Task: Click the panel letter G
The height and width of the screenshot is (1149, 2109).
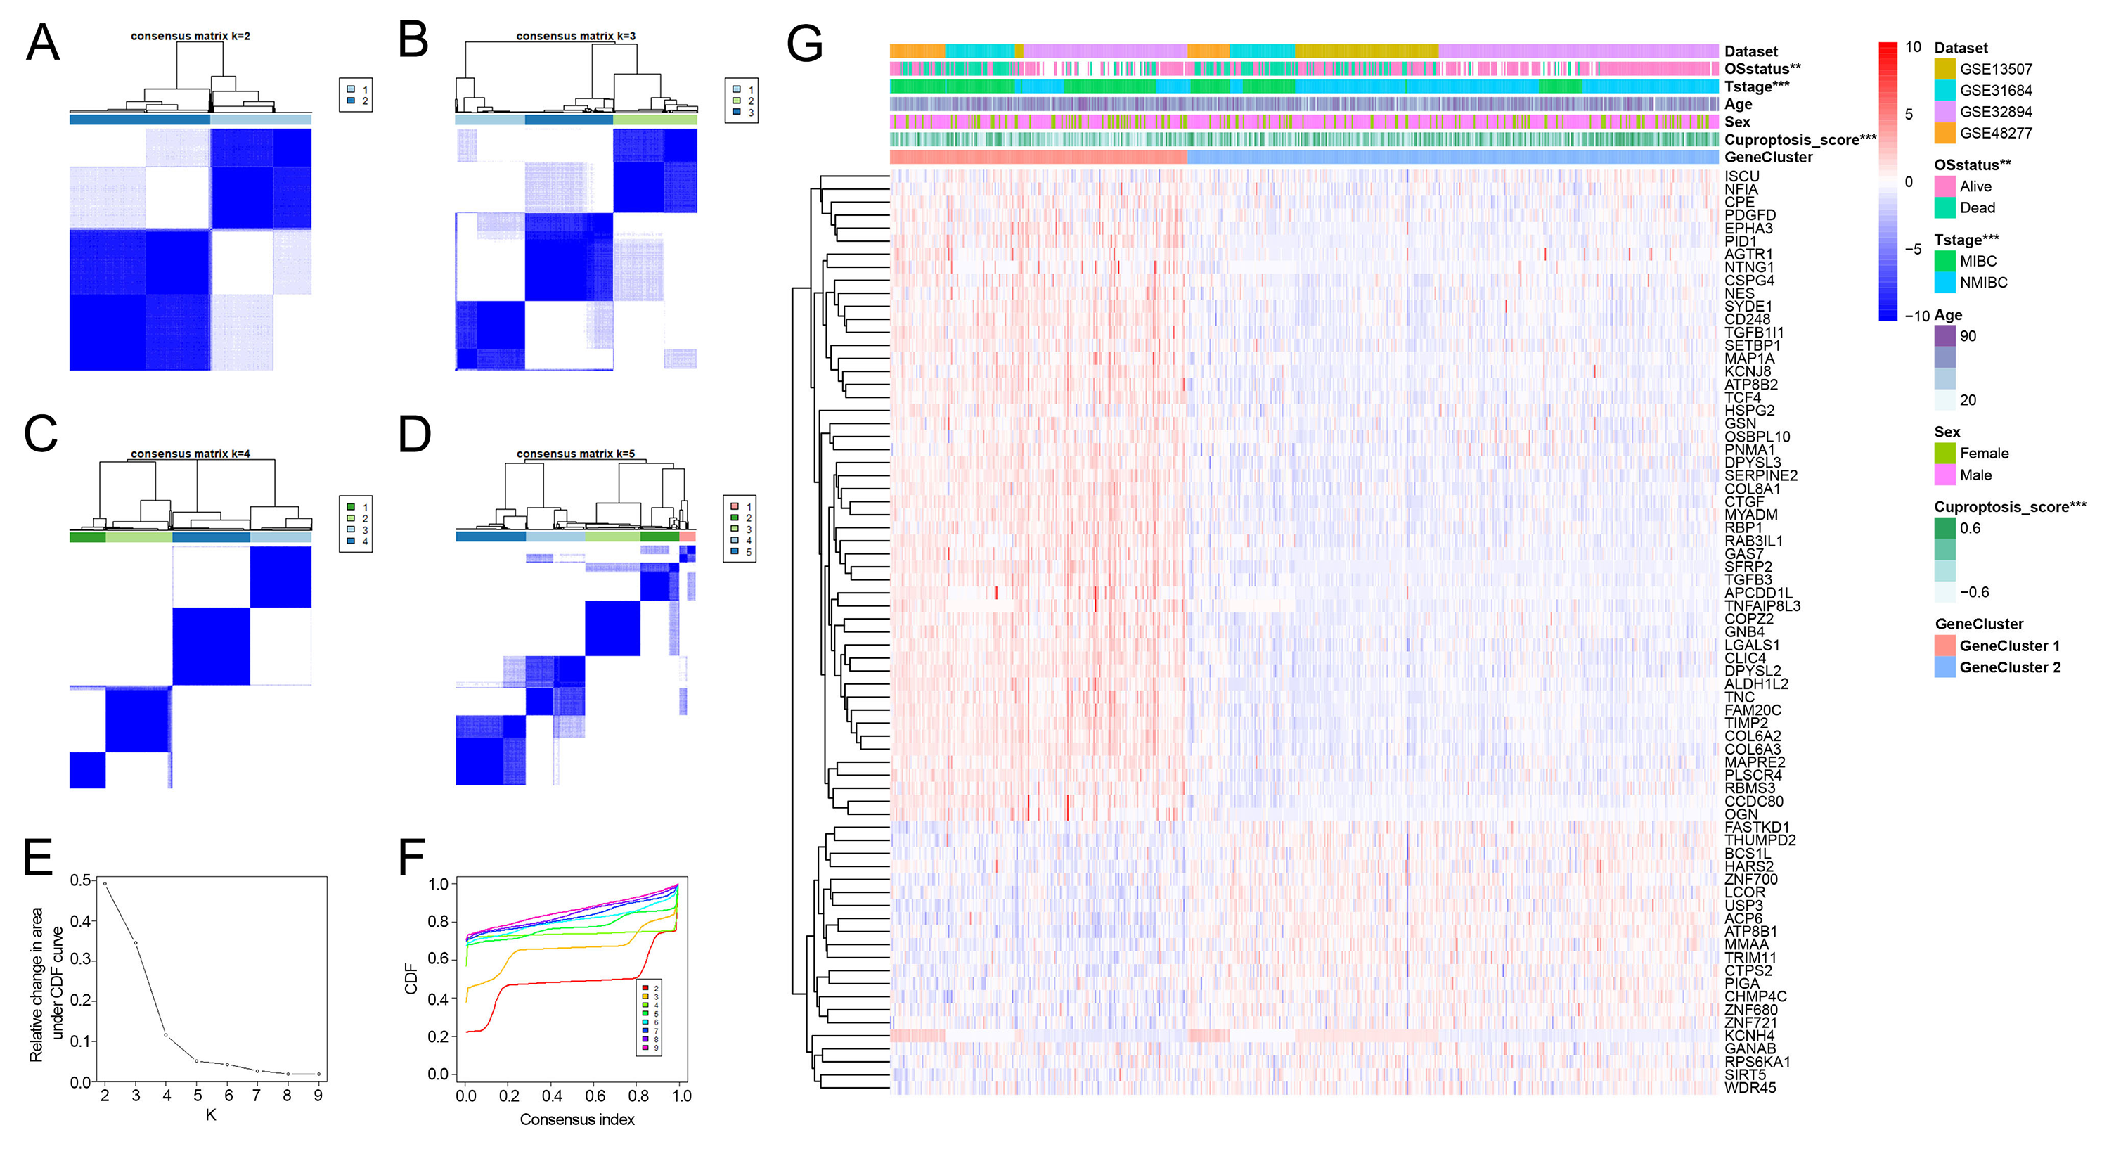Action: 804,44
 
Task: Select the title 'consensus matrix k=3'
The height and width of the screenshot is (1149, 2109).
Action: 576,36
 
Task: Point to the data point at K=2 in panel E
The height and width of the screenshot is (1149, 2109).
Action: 105,884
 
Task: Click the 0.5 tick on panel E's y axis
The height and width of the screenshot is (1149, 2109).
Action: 80,880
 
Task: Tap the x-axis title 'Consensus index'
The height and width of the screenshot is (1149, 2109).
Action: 577,1119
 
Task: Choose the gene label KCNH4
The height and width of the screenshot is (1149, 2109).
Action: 1750,1035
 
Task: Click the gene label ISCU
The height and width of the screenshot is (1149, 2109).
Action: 1741,176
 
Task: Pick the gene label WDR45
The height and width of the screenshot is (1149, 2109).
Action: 1750,1088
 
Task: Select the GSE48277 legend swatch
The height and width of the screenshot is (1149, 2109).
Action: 1944,133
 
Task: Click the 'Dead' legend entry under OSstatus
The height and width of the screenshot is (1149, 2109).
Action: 1977,208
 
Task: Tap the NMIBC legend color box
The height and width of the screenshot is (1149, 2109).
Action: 1944,283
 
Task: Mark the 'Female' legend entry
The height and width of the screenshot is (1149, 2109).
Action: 1984,453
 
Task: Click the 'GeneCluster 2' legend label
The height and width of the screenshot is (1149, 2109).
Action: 2009,667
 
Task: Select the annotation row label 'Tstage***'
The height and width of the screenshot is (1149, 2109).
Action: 1756,86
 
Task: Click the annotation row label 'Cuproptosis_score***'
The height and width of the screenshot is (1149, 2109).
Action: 1800,140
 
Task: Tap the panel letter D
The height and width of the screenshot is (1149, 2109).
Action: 414,435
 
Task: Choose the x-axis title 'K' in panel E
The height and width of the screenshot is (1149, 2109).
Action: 210,1115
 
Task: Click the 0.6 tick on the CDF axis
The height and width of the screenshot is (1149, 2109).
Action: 438,959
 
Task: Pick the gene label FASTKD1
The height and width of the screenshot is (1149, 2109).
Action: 1756,827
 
